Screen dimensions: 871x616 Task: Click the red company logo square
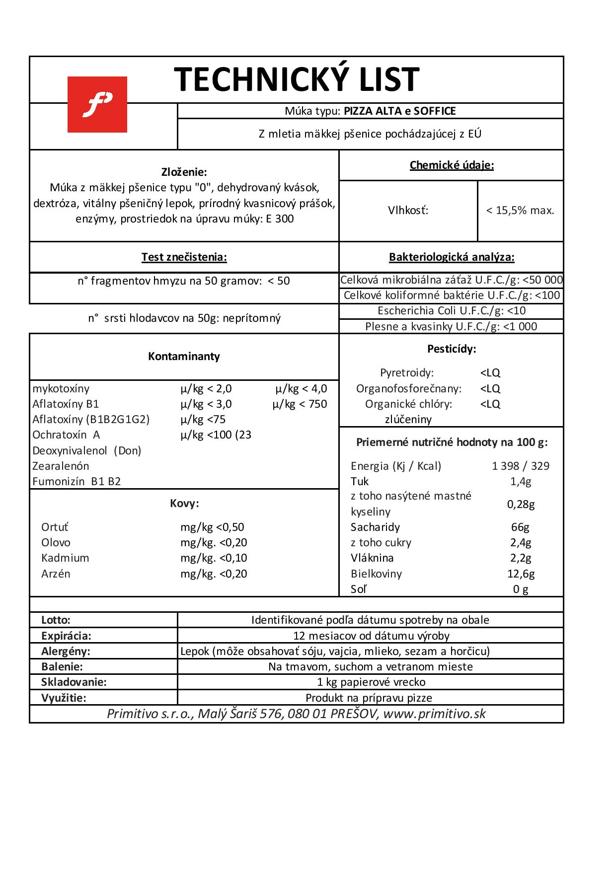click(97, 104)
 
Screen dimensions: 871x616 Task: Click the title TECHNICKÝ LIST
click(297, 79)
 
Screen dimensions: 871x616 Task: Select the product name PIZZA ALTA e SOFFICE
click(399, 111)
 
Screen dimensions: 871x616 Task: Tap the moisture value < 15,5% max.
click(520, 211)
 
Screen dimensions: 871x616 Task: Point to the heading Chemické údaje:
click(452, 165)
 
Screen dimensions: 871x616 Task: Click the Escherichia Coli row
click(452, 311)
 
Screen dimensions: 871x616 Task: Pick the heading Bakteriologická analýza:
click(452, 257)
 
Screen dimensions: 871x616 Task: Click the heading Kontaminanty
click(184, 357)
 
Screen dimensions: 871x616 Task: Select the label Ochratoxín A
click(66, 435)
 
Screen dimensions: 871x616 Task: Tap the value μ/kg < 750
click(300, 404)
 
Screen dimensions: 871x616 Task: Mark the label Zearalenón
click(61, 466)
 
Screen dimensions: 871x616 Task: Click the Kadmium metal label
click(65, 558)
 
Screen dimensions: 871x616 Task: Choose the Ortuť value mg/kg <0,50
click(212, 527)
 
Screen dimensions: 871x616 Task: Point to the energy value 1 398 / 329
click(521, 466)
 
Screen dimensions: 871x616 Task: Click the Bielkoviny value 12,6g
click(521, 574)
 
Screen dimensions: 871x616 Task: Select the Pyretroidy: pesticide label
click(407, 373)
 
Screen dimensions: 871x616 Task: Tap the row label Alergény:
click(66, 651)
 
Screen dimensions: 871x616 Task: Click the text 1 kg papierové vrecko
click(371, 682)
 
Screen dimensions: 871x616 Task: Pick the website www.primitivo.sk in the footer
click(434, 714)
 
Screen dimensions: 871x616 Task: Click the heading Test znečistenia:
click(184, 257)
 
